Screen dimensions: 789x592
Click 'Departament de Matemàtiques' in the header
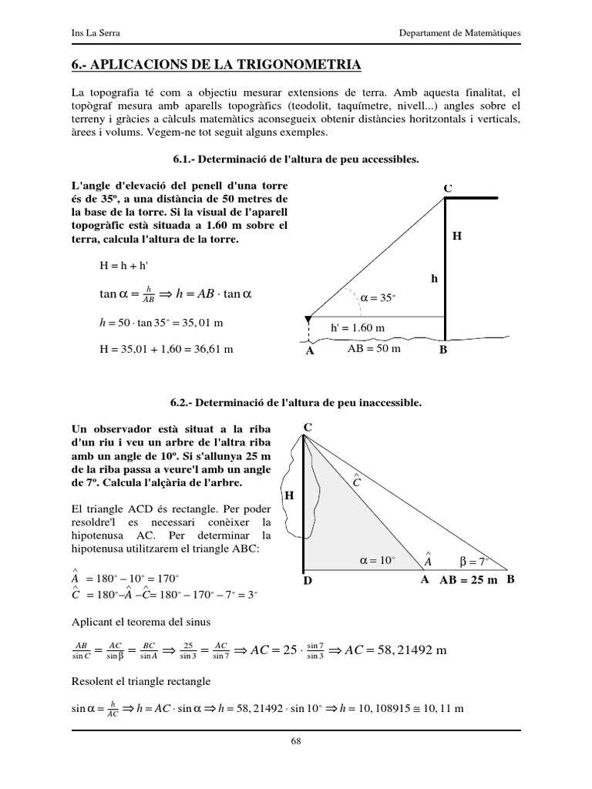[459, 33]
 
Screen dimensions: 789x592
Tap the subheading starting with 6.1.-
[295, 159]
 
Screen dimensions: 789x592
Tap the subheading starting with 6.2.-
[295, 403]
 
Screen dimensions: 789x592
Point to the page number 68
[295, 741]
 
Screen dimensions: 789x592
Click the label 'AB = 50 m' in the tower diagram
[375, 348]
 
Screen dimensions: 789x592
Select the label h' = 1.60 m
[357, 327]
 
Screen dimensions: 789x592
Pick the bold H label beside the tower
[456, 237]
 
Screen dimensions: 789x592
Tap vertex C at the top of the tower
[448, 188]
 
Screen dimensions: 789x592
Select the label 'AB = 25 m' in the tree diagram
[469, 579]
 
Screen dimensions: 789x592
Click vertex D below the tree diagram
[307, 581]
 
